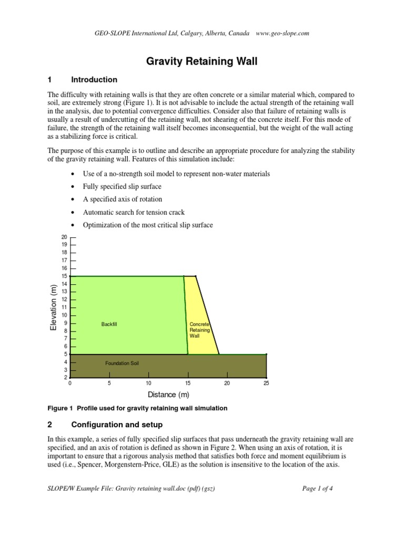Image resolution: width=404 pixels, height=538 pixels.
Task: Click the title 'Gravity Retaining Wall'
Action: (x=201, y=61)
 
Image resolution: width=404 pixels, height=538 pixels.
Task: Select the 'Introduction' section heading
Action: (x=94, y=80)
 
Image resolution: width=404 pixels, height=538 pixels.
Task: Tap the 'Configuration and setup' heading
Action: (x=117, y=425)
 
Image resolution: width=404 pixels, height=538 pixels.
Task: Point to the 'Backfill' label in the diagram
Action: (x=109, y=324)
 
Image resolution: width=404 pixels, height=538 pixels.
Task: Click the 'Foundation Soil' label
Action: (x=122, y=363)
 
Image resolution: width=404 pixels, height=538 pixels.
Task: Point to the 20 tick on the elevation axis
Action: (x=65, y=237)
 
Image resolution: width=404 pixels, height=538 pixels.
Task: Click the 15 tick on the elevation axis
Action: (x=65, y=276)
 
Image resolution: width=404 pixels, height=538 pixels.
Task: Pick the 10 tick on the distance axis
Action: (x=148, y=383)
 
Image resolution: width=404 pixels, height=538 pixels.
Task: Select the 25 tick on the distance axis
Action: (x=266, y=383)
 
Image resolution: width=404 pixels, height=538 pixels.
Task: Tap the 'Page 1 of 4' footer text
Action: (x=318, y=488)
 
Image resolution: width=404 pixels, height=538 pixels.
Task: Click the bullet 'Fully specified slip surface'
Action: (x=123, y=187)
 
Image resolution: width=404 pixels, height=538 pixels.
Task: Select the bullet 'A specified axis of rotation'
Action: (x=123, y=199)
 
